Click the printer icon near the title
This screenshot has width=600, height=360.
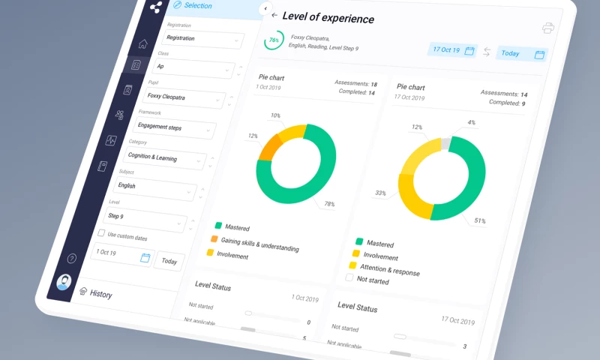(x=548, y=28)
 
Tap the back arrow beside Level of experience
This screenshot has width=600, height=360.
(x=274, y=15)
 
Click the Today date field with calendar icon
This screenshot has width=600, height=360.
(x=522, y=53)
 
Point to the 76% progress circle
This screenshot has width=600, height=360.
(x=274, y=40)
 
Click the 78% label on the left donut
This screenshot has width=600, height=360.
(x=328, y=204)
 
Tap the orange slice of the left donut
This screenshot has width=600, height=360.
(x=269, y=147)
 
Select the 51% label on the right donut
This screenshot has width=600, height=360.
(x=479, y=221)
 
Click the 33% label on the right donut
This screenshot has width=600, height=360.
(x=381, y=193)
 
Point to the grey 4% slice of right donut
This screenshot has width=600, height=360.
(x=445, y=143)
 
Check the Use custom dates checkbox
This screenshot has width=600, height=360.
(x=102, y=234)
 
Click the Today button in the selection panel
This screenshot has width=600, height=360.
(x=169, y=261)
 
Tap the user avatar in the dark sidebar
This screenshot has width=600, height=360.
(x=64, y=283)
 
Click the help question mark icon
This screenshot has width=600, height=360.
(x=72, y=259)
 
